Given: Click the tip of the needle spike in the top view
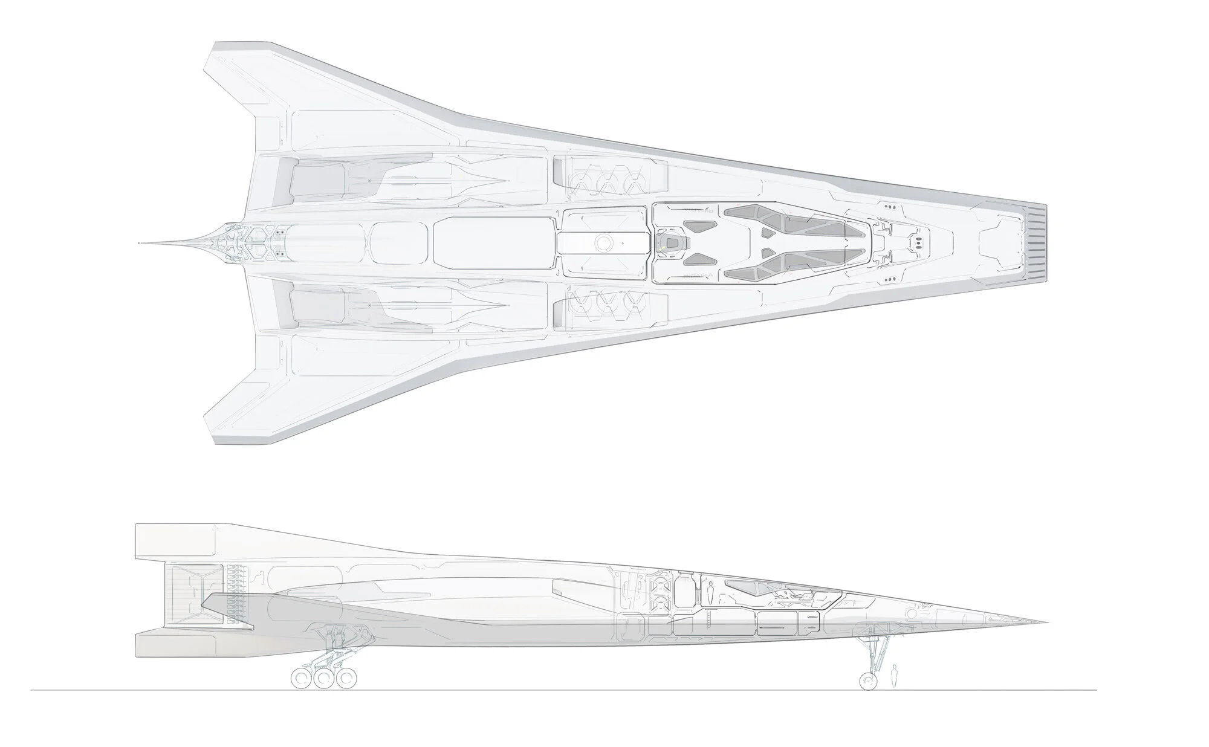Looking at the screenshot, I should pos(139,243).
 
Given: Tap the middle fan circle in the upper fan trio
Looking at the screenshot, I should pos(606,183).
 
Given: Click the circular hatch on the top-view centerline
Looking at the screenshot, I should pos(603,243).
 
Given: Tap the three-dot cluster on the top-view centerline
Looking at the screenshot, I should pos(918,243).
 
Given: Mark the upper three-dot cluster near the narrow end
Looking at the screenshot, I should pos(889,206).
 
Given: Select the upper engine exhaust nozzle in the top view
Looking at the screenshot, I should pos(317,181).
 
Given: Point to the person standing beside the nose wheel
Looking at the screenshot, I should pos(894,675).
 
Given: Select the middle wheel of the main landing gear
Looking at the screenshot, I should pos(324,679).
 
